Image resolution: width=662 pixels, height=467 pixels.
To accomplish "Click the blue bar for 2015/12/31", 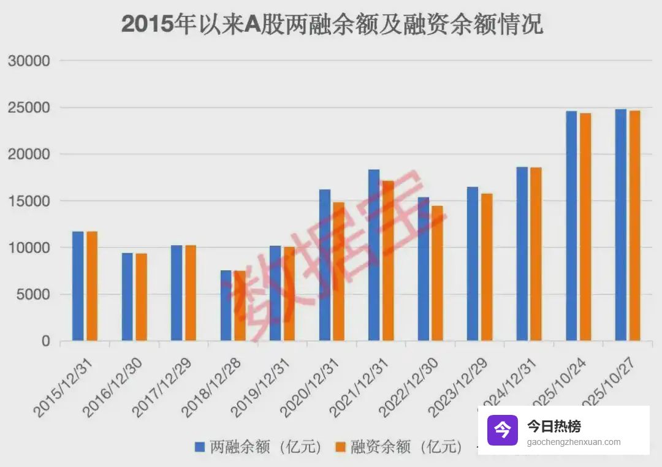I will tap(78, 286).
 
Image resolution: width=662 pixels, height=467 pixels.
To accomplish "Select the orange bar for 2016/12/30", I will tap(141, 297).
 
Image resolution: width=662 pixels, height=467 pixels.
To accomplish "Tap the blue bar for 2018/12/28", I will tap(226, 305).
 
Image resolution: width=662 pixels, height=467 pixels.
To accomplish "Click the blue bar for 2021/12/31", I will tap(374, 255).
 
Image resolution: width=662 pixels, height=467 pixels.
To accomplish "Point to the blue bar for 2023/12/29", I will tap(473, 264).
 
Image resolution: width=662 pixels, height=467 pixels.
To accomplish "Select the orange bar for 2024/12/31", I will tap(536, 254).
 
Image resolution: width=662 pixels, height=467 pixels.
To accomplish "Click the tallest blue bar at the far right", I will tap(621, 225).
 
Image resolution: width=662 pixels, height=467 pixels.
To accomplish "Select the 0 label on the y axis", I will tap(45, 341).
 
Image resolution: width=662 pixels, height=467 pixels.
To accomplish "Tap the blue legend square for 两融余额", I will tap(200, 447).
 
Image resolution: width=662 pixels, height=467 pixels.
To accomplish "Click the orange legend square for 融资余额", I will tap(340, 447).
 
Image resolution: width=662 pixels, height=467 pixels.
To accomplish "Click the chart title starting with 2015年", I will tap(332, 25).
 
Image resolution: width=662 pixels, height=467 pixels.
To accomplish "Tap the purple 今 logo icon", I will tap(503, 430).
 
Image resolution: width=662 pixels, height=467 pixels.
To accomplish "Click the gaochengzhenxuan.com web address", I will tap(573, 442).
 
